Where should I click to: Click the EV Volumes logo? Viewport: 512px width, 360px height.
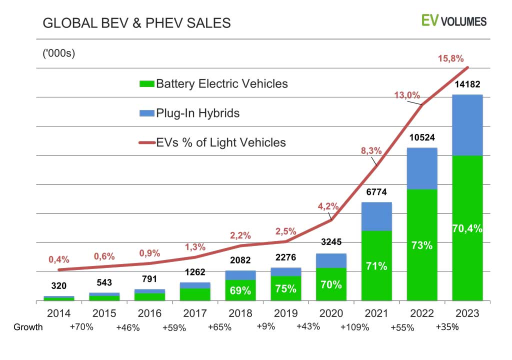tap(453, 20)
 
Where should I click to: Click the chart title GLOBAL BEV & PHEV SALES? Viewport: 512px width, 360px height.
tap(136, 23)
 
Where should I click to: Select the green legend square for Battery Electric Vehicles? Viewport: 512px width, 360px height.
tap(146, 83)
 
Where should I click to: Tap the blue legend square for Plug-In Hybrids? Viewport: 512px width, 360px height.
tap(146, 113)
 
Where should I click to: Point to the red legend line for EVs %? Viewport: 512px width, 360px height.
tap(146, 143)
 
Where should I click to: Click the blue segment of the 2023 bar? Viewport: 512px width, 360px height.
tap(467, 125)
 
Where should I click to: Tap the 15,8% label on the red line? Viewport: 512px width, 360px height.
tap(450, 59)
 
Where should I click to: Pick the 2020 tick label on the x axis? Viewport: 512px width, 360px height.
tap(331, 313)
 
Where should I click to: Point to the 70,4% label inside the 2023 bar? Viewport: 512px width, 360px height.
tap(467, 228)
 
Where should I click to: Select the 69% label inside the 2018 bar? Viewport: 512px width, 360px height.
tap(240, 290)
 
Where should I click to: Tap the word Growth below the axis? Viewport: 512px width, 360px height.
tap(28, 327)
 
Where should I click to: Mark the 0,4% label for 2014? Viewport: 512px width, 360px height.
tap(59, 259)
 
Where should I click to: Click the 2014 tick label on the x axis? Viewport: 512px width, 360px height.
tap(58, 313)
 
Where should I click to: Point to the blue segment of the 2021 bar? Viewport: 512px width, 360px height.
tap(376, 216)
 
